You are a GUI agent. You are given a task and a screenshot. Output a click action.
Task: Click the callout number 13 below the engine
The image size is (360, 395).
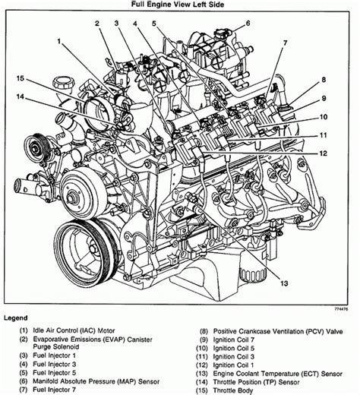pyautogui.click(x=284, y=283)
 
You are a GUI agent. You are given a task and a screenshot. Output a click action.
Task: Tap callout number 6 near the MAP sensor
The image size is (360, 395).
pyautogui.click(x=248, y=24)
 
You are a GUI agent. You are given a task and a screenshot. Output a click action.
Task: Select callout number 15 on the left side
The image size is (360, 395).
pyautogui.click(x=21, y=78)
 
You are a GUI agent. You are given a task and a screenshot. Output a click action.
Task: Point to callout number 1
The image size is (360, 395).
pyautogui.click(x=59, y=41)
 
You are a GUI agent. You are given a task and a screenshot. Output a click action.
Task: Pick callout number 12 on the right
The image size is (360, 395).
pyautogui.click(x=324, y=153)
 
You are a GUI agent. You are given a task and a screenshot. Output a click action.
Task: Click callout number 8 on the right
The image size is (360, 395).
pyautogui.click(x=324, y=80)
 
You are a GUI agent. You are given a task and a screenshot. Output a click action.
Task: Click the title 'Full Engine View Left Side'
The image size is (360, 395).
pyautogui.click(x=178, y=5)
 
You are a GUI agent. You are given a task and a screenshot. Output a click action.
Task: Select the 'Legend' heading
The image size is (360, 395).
pyautogui.click(x=16, y=318)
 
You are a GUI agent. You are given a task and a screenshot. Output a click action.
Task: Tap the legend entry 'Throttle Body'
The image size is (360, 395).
pyautogui.click(x=233, y=390)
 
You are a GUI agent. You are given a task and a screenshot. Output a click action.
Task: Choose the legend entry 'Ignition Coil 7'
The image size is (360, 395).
pyautogui.click(x=234, y=340)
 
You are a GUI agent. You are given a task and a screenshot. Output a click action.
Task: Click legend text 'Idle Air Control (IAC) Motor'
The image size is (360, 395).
pyautogui.click(x=74, y=330)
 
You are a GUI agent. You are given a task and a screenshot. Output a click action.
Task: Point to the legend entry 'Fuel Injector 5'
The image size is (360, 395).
pyautogui.click(x=55, y=373)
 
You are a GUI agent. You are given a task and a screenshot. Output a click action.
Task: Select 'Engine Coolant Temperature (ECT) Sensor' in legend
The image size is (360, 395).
pyautogui.click(x=278, y=374)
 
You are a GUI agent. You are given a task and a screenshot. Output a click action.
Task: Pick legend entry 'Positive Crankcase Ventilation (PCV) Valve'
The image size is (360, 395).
pyautogui.click(x=278, y=331)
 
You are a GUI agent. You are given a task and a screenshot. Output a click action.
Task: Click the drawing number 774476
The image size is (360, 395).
pyautogui.click(x=342, y=309)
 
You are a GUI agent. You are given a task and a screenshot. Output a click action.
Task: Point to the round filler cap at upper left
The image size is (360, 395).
pyautogui.click(x=64, y=83)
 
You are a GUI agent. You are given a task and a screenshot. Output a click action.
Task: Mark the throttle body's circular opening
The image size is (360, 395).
pyautogui.click(x=97, y=114)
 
